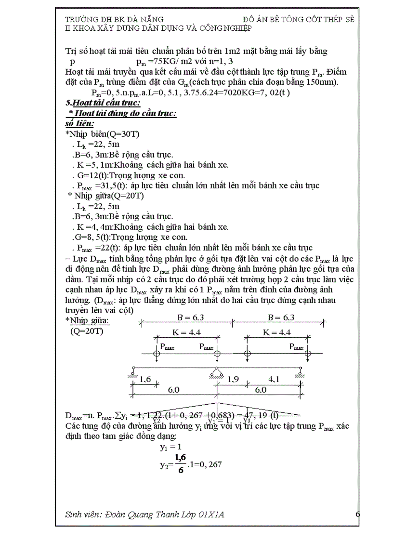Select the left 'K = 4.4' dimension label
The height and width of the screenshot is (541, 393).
click(x=186, y=332)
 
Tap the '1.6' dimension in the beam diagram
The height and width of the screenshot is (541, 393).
click(x=145, y=380)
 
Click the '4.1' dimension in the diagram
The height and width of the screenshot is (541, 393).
click(x=272, y=380)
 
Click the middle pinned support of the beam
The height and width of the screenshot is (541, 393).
click(x=217, y=370)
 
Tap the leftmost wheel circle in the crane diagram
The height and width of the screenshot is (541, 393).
click(x=157, y=354)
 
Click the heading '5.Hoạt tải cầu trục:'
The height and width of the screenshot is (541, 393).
click(x=103, y=103)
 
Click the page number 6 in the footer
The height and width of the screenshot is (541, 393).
click(x=358, y=515)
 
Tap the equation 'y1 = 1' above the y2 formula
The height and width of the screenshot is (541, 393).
click(x=170, y=447)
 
